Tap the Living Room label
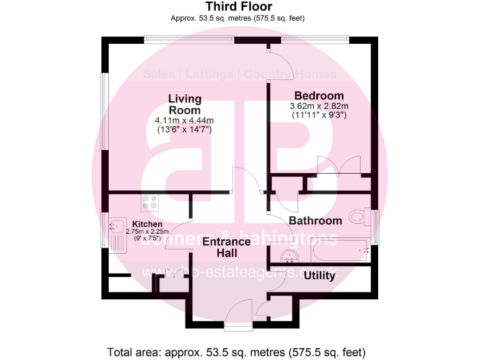click(x=184, y=104)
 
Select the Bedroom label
click(x=319, y=96)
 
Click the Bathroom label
click(x=315, y=221)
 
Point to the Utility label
click(x=319, y=276)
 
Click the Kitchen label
click(x=147, y=224)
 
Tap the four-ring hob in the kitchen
click(x=149, y=202)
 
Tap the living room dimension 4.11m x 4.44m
click(x=184, y=121)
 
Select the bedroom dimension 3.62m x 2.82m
click(x=319, y=106)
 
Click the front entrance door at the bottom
click(x=238, y=312)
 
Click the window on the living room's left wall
click(x=104, y=112)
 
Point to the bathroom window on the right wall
click(x=376, y=226)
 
